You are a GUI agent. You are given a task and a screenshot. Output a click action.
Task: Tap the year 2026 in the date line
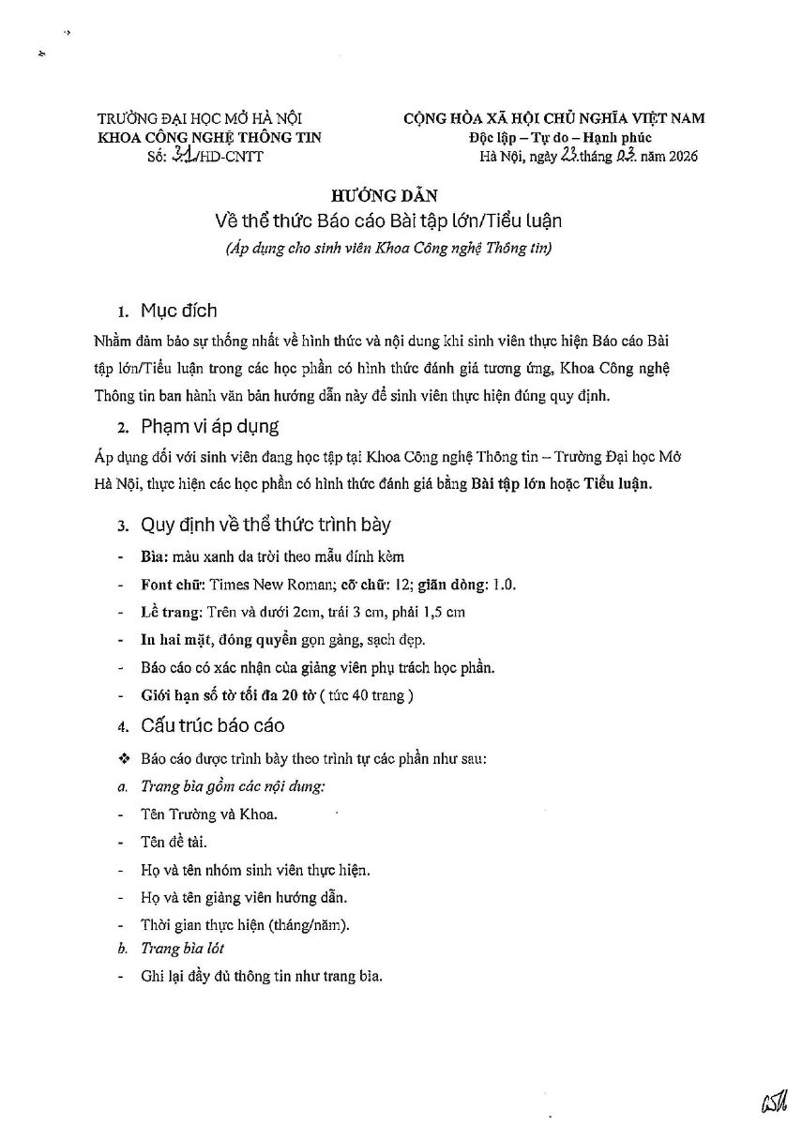click(680, 156)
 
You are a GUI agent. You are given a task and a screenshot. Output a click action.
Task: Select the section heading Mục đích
click(178, 311)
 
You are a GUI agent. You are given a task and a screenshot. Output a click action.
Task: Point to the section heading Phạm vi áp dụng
click(209, 427)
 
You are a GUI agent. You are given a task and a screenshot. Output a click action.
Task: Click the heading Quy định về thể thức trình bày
click(265, 524)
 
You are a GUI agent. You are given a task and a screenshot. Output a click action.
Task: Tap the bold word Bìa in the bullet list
click(153, 556)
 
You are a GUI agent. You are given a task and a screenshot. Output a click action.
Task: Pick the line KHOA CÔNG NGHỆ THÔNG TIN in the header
click(209, 137)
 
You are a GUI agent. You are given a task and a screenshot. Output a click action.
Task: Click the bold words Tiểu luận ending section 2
click(616, 484)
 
